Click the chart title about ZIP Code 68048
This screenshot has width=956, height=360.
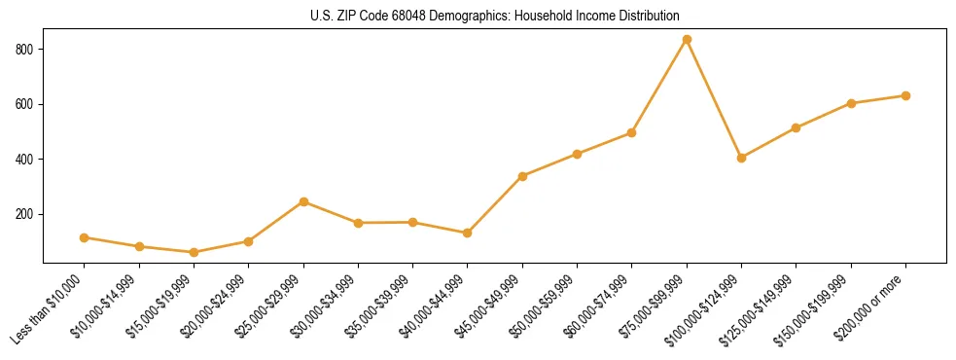point(495,16)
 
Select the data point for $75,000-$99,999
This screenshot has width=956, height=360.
point(687,39)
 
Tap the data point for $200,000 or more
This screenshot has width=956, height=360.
point(905,95)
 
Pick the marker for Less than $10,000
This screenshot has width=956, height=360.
point(85,237)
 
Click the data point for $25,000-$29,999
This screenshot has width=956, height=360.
point(303,201)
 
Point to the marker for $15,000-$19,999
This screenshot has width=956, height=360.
point(194,252)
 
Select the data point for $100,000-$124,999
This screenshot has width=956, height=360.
point(741,158)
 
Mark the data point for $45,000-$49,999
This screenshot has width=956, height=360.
point(522,176)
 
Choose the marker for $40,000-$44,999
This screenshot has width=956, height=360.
point(468,233)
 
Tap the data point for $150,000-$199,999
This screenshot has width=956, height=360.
point(851,103)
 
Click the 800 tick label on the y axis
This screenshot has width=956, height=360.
point(26,49)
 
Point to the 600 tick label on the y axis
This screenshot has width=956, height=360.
point(26,104)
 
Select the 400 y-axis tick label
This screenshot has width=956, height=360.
point(26,159)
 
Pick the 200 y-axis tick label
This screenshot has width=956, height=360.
point(26,214)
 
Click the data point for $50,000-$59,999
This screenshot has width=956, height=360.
point(577,154)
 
